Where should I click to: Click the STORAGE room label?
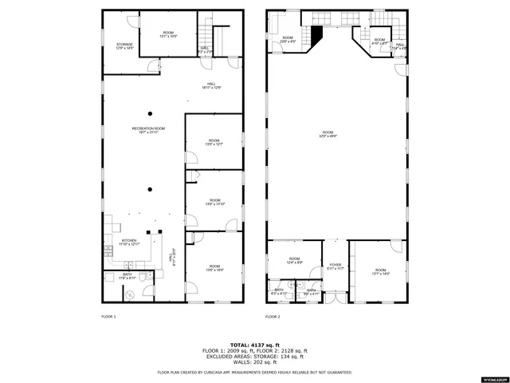124,46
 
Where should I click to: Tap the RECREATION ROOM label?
148,130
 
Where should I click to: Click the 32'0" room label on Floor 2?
328,135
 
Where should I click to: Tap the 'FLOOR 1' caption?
108,317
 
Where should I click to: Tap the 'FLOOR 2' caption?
273,317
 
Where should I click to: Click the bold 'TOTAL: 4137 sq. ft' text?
255,345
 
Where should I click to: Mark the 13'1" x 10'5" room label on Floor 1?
168,34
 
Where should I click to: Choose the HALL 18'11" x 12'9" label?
212,85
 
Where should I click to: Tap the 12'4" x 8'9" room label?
295,260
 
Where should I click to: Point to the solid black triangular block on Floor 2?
316,35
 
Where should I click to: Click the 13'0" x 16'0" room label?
214,268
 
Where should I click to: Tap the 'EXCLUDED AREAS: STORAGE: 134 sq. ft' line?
255,356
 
